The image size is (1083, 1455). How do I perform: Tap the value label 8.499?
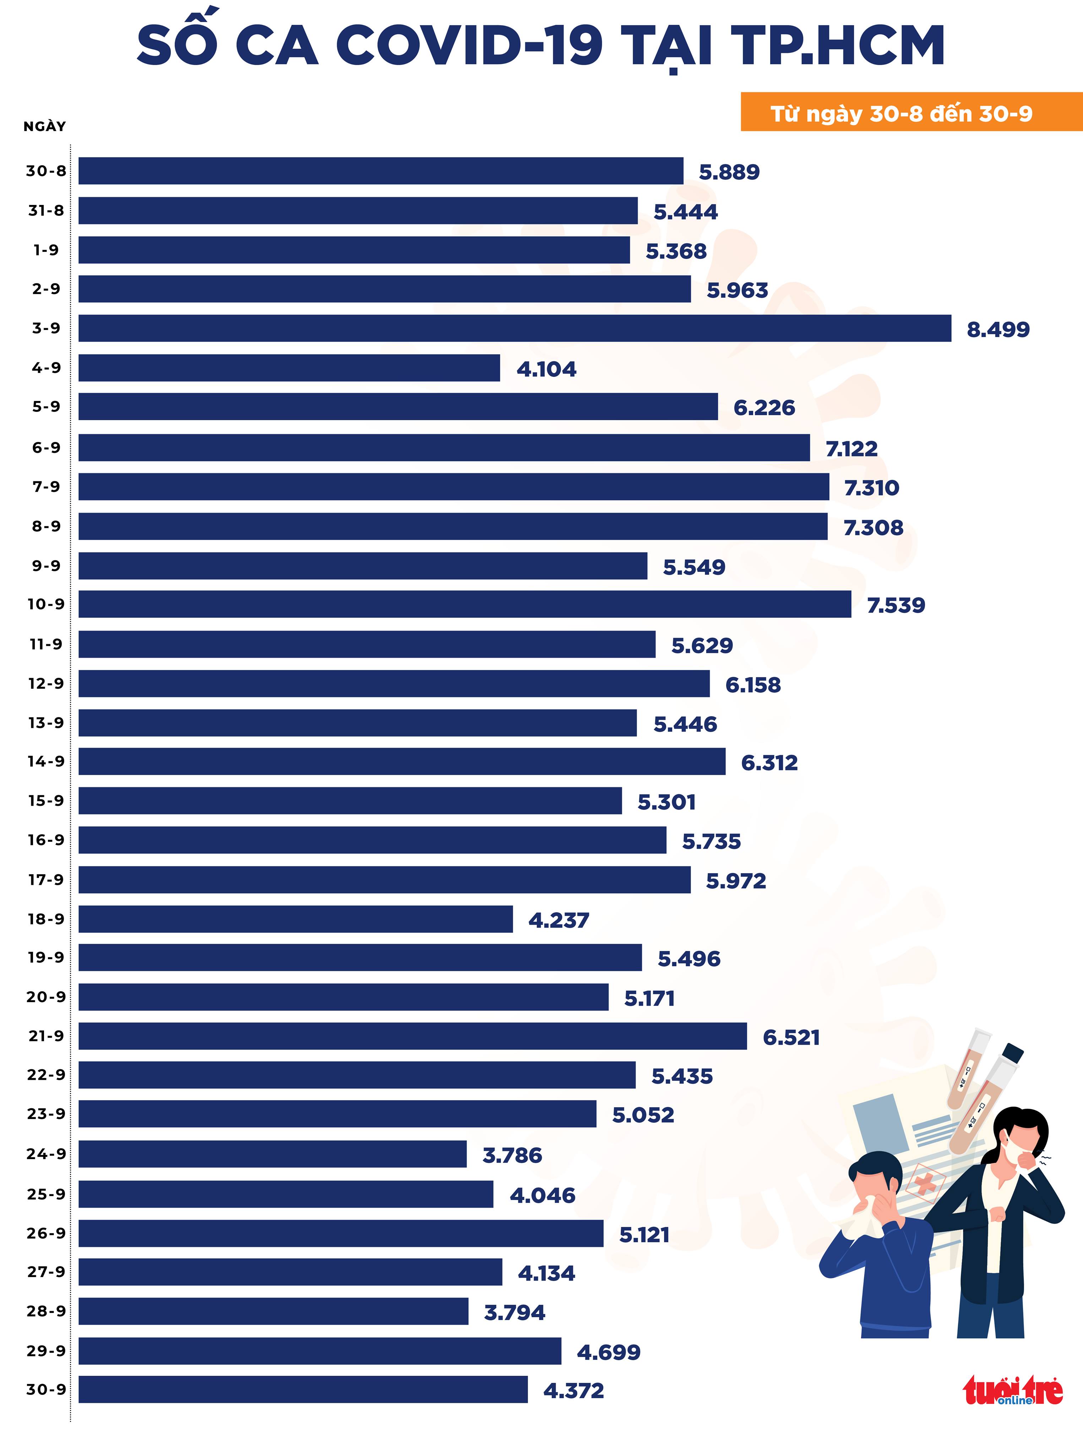pos(998,329)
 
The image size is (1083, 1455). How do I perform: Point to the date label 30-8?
pos(46,171)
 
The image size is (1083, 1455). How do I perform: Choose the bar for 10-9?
pos(465,604)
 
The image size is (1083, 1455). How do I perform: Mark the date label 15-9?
pos(46,801)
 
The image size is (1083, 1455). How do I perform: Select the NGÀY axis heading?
pos(45,126)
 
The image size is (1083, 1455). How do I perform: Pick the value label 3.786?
pos(512,1155)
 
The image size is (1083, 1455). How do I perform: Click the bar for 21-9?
pos(412,1036)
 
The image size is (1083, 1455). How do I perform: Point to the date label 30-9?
pos(46,1389)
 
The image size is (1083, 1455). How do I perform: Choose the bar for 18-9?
pos(296,919)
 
